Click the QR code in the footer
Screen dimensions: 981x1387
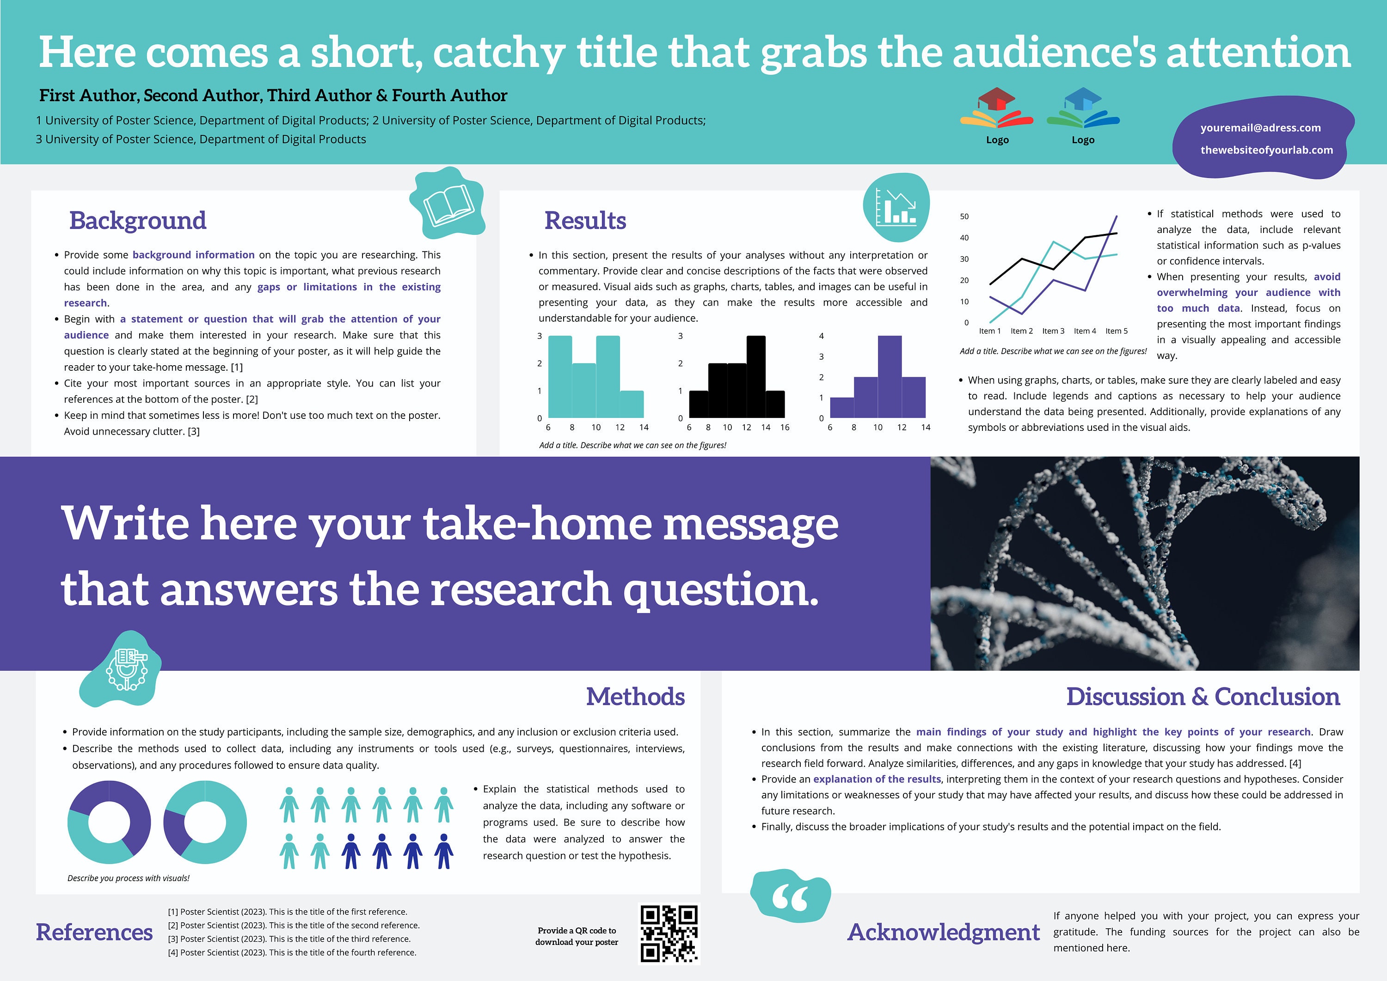[669, 933]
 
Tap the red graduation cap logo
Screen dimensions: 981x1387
[996, 108]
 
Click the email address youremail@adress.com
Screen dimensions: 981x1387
[1260, 128]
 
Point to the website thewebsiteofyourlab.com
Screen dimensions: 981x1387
[1266, 150]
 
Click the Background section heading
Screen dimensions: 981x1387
[138, 221]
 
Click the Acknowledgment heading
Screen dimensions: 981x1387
[943, 932]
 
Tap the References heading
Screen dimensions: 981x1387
[94, 932]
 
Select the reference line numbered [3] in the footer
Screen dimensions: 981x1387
[289, 939]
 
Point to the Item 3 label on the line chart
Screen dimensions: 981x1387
[1053, 331]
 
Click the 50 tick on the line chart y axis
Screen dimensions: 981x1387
[964, 216]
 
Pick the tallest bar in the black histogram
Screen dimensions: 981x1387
[756, 376]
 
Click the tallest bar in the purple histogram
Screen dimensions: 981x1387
[889, 376]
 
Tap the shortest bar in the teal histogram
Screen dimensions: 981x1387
[631, 404]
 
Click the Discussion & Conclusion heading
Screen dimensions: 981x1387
[1202, 697]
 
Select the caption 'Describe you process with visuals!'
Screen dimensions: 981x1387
[128, 878]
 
